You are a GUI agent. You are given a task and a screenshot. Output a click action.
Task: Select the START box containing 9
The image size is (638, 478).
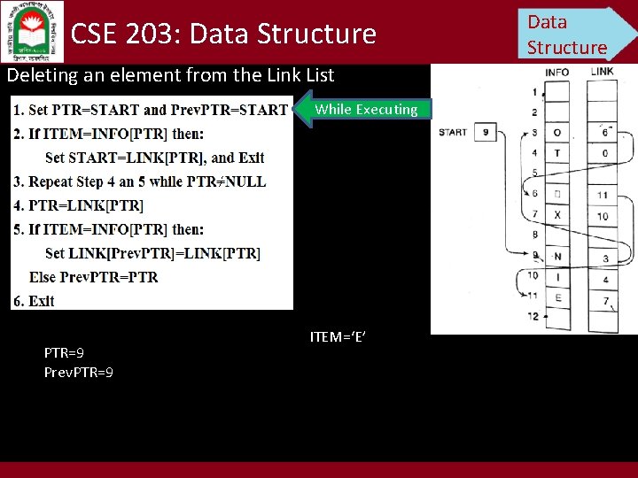pyautogui.click(x=485, y=133)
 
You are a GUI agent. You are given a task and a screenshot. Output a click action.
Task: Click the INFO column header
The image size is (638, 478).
pyautogui.click(x=556, y=73)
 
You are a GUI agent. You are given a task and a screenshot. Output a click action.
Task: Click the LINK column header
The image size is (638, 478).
pyautogui.click(x=602, y=72)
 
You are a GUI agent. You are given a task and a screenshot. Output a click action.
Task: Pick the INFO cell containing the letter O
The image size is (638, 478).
pyautogui.click(x=557, y=133)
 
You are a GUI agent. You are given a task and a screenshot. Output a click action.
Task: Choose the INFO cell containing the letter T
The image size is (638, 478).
pyautogui.click(x=557, y=153)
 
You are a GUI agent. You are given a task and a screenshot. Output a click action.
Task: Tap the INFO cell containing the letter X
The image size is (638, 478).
pyautogui.click(x=557, y=215)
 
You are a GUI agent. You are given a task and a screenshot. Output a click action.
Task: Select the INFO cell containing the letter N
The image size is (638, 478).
pyautogui.click(x=557, y=257)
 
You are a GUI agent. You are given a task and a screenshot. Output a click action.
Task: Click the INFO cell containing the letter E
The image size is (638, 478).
pyautogui.click(x=557, y=298)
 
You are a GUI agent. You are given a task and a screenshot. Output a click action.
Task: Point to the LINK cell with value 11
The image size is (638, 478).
pyautogui.click(x=603, y=195)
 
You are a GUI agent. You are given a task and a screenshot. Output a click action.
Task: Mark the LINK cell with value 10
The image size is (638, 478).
pyautogui.click(x=603, y=215)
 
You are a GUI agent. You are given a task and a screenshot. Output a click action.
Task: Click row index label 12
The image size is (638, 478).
pyautogui.click(x=533, y=316)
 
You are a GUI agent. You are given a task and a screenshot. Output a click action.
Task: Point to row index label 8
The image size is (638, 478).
pyautogui.click(x=534, y=235)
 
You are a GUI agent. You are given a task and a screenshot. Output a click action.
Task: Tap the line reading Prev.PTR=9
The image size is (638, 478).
pyautogui.click(x=78, y=373)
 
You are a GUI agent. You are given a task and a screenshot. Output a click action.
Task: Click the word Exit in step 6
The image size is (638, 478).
pyautogui.click(x=42, y=301)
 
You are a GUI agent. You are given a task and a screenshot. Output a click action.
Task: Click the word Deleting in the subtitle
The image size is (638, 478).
pyautogui.click(x=42, y=75)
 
